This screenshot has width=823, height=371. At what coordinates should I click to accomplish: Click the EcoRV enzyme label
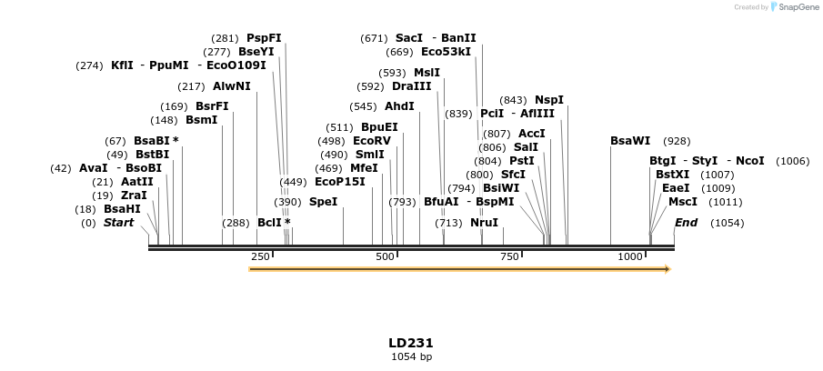pos(371,141)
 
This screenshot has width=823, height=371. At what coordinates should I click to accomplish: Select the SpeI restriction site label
pos(323,202)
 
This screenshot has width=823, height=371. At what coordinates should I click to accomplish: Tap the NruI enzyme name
pos(484,223)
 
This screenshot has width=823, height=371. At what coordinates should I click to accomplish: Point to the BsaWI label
pos(630,141)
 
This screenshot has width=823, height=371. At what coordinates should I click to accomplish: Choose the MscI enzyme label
pos(682,202)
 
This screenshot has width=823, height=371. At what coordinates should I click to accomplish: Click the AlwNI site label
pos(231,86)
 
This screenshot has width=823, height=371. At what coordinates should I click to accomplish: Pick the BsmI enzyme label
pos(201,120)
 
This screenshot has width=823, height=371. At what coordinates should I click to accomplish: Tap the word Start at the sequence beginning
pos(118,223)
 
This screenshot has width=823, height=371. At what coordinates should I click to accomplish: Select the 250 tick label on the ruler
pos(260,257)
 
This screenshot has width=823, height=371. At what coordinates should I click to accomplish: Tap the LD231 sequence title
pos(411,343)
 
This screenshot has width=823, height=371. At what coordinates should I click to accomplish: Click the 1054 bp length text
pos(411,356)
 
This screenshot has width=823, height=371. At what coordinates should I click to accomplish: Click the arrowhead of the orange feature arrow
pos(667,269)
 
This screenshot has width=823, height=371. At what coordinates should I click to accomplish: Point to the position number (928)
pos(677,141)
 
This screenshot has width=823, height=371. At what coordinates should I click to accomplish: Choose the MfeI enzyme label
pos(364,168)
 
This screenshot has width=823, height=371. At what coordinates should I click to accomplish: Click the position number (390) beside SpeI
pos(287,202)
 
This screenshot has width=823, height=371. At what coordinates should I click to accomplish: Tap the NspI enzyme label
pos(548,100)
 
